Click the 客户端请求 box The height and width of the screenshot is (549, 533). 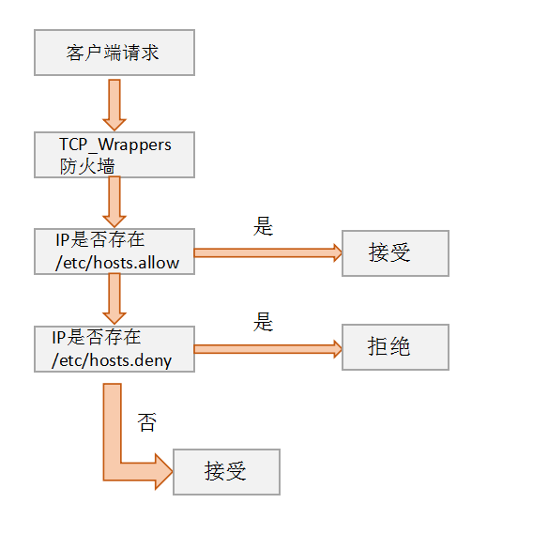pyautogui.click(x=114, y=53)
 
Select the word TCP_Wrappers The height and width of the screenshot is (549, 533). pyautogui.click(x=114, y=145)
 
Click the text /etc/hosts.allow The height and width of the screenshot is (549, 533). pyautogui.click(x=117, y=263)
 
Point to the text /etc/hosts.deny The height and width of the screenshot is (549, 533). pyautogui.click(x=115, y=359)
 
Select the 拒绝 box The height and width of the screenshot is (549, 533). pyautogui.click(x=395, y=347)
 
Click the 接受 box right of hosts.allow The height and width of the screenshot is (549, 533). pyautogui.click(x=395, y=252)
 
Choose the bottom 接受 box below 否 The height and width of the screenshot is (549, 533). pyautogui.click(x=226, y=471)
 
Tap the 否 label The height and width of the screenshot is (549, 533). pyautogui.click(x=146, y=421)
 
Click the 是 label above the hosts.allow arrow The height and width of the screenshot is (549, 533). pyautogui.click(x=264, y=226)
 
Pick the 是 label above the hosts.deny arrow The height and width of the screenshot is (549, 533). pyautogui.click(x=264, y=322)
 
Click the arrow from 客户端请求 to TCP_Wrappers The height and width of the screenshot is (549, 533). pyautogui.click(x=114, y=103)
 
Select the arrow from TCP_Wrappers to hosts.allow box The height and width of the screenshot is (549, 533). pyautogui.click(x=114, y=202)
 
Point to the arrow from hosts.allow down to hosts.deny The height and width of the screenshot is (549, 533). pyautogui.click(x=114, y=299)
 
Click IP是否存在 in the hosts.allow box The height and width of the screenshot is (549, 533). pyautogui.click(x=100, y=240)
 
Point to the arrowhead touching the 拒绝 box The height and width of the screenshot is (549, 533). pyautogui.click(x=334, y=349)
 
